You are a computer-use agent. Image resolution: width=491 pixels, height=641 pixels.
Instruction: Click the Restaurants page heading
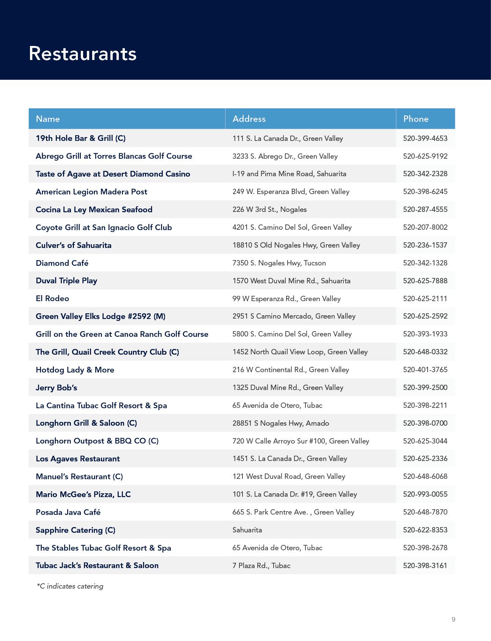click(82, 53)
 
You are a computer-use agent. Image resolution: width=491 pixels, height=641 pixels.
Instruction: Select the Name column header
click(48, 119)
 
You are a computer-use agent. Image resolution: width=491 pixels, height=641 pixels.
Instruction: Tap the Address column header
click(249, 119)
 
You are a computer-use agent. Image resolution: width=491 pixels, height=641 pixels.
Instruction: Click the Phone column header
click(416, 119)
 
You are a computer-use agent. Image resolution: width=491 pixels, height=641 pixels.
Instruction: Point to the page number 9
click(453, 619)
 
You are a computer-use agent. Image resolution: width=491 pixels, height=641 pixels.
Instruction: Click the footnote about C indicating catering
click(70, 586)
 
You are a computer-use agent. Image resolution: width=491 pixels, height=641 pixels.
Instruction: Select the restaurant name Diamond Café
click(62, 263)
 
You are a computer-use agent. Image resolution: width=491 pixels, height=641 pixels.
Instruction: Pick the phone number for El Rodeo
click(425, 298)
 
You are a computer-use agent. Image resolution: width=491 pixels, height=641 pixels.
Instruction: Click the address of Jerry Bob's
click(288, 387)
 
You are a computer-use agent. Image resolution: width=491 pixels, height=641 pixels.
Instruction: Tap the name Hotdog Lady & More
click(75, 369)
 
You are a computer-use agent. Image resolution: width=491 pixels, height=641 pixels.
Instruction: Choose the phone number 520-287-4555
click(425, 209)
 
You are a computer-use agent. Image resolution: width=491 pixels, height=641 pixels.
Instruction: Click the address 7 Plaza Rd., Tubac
click(261, 565)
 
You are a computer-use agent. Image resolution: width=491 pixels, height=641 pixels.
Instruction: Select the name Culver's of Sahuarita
click(74, 245)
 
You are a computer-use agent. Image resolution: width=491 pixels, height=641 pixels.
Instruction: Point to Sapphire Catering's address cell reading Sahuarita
click(247, 530)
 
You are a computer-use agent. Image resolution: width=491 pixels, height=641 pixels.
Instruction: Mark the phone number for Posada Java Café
click(425, 512)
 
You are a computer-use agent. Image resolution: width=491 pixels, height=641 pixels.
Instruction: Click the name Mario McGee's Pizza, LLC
click(83, 494)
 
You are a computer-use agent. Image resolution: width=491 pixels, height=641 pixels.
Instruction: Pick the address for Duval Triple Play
click(291, 281)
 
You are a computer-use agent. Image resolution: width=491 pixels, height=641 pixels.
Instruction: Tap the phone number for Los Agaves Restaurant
click(425, 458)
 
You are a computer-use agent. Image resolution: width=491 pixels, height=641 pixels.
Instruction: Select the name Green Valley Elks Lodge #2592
click(100, 316)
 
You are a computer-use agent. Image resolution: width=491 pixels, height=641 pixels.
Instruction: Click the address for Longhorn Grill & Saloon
click(280, 423)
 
